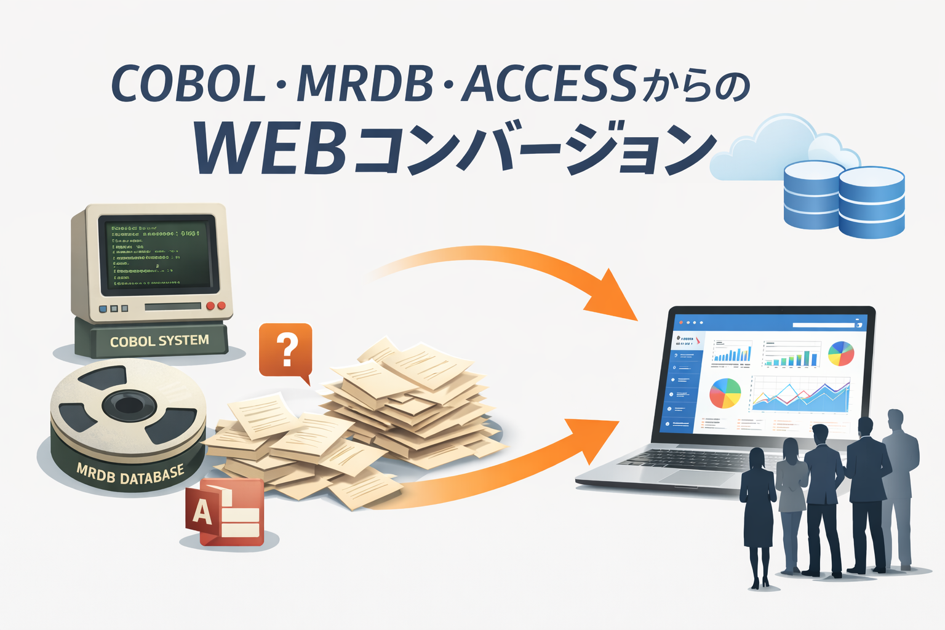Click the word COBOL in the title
point(188,84)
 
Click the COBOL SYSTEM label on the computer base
point(159,341)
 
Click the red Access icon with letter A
point(225,512)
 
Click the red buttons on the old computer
point(216,306)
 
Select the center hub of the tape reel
point(128,405)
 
